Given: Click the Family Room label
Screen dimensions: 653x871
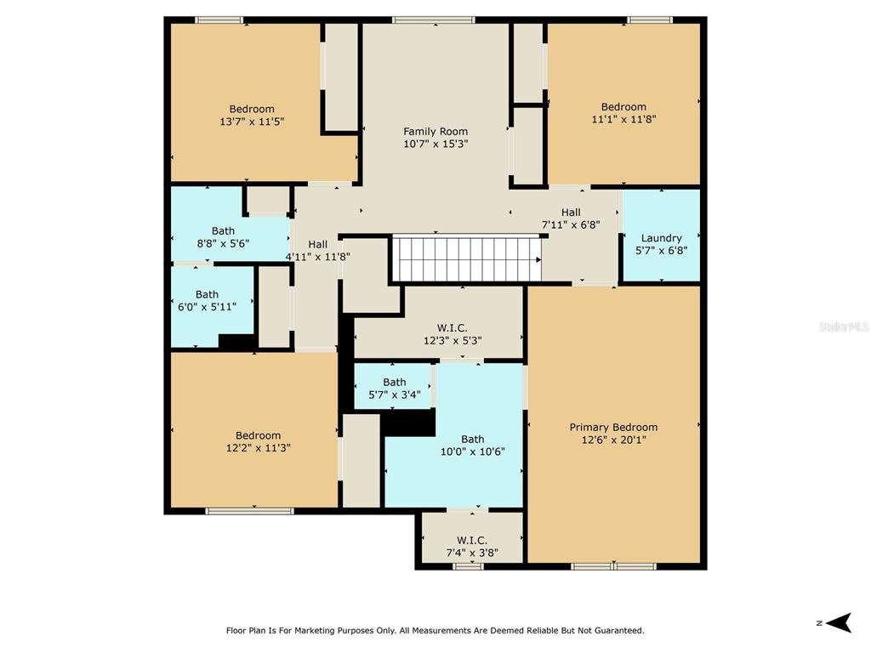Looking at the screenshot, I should (x=435, y=132).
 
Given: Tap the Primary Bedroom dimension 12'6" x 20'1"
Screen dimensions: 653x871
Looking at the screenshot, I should (x=613, y=440).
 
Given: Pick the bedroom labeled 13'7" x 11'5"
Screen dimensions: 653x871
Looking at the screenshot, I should (x=252, y=115).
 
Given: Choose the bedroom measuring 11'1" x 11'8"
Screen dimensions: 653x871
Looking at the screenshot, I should (x=623, y=113).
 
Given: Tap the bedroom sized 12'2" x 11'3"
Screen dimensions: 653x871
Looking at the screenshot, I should (x=258, y=441).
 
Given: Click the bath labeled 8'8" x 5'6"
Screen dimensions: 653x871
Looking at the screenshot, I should (x=224, y=236).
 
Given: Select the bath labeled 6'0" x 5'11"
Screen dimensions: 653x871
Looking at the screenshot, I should (x=207, y=300).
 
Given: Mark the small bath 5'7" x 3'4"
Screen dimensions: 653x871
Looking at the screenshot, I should (x=394, y=388).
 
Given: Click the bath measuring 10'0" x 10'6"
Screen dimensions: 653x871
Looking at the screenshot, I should (x=472, y=446).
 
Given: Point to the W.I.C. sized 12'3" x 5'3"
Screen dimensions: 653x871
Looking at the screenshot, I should (x=452, y=333).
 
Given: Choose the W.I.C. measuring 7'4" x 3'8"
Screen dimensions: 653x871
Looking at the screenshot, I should (x=471, y=546).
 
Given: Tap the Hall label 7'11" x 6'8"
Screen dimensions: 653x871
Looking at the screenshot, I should (x=571, y=219).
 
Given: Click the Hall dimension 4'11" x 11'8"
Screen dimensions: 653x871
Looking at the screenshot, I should (x=317, y=256).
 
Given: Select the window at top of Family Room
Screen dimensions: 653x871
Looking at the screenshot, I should (x=434, y=20).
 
